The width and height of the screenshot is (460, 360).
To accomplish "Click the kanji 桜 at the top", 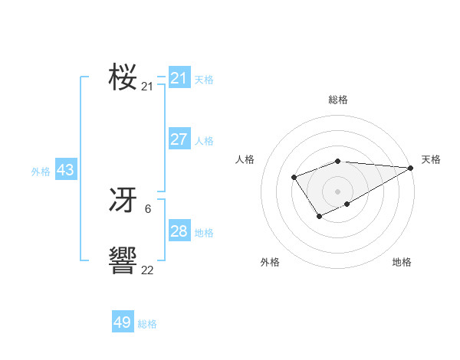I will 123,77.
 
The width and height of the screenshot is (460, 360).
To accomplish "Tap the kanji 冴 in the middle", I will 123,201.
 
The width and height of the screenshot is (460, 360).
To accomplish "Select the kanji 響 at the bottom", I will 123,261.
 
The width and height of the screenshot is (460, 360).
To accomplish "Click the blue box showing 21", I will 179,78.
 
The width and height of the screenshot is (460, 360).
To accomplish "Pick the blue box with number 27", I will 179,139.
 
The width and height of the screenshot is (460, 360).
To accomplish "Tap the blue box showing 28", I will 179,231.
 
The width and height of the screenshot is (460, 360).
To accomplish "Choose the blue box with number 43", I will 66,170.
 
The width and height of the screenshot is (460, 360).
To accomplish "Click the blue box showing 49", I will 123,322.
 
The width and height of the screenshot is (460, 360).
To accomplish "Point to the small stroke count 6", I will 147,208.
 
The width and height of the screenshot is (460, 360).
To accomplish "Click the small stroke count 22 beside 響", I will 147,270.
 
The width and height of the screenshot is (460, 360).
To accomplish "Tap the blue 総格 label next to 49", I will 147,324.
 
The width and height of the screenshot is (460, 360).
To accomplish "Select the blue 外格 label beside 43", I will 41,172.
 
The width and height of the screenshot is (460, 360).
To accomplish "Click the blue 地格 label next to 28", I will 204,233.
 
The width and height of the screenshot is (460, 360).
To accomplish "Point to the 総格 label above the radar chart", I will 337,100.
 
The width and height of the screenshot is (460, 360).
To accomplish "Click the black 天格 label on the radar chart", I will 431,159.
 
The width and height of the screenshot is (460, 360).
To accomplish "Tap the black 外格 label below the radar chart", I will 270,263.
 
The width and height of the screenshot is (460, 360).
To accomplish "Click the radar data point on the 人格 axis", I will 294,178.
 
